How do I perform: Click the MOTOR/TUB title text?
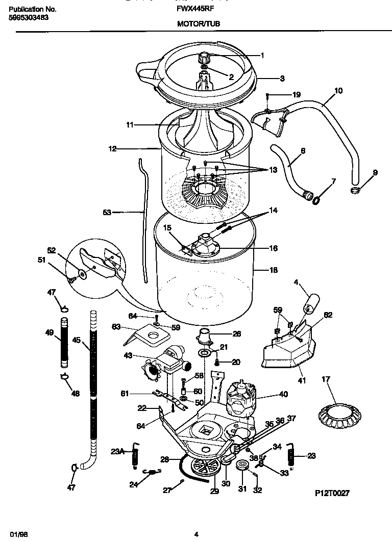pyautogui.click(x=199, y=23)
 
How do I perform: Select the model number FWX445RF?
pyautogui.click(x=199, y=9)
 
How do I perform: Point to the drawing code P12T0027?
pyautogui.click(x=332, y=493)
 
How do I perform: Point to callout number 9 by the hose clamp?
pyautogui.click(x=375, y=172)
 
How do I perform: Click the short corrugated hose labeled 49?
pyautogui.click(x=64, y=342)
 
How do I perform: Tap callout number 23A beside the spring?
pyautogui.click(x=117, y=451)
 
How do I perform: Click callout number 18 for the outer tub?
pyautogui.click(x=274, y=270)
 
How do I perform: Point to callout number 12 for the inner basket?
pyautogui.click(x=112, y=149)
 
